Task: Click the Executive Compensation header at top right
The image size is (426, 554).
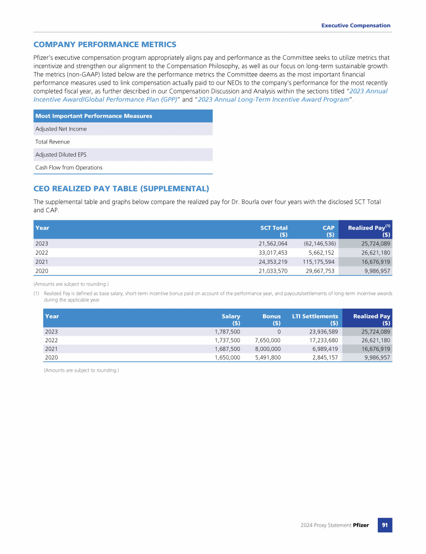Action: coord(356,25)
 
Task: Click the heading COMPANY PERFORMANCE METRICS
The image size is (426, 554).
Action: coord(105,44)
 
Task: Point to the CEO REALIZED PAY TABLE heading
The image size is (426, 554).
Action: coord(121,188)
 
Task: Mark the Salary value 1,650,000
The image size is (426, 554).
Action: coord(227,358)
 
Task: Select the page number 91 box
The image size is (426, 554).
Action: coord(385,525)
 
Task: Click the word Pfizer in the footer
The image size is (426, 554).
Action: coord(361,525)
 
